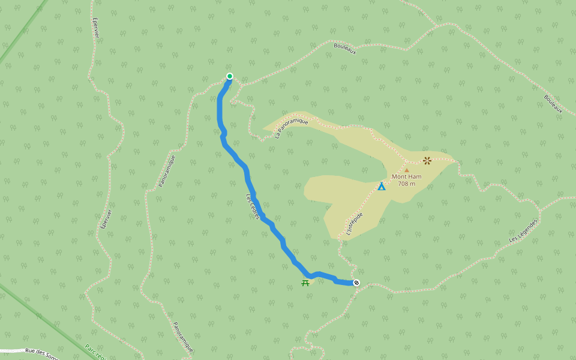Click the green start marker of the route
tap(229, 76)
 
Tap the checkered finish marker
tap(356, 283)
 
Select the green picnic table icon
tap(305, 283)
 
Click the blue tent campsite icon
tap(382, 187)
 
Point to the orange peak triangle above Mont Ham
tap(406, 170)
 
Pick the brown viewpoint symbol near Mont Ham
tap(427, 160)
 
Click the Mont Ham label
tap(406, 177)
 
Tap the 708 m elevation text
tap(406, 184)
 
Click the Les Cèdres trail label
tap(252, 206)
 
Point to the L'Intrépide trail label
tap(354, 223)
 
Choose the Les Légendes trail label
tap(523, 230)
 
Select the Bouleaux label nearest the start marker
tap(345, 49)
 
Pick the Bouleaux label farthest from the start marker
tap(553, 104)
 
